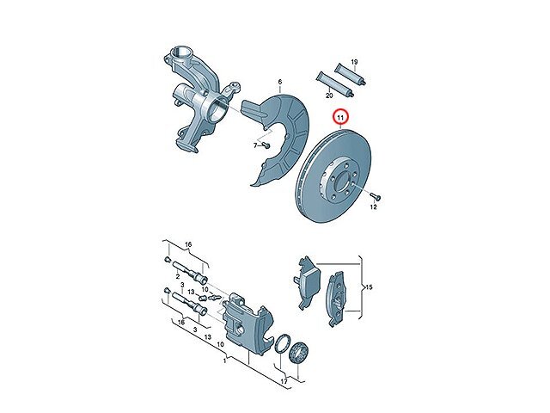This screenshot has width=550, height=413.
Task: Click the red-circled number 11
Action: click(x=340, y=118)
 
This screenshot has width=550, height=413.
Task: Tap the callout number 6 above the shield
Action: click(x=280, y=82)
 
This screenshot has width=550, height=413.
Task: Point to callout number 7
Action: click(x=256, y=145)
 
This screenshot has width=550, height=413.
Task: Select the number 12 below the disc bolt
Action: click(x=373, y=206)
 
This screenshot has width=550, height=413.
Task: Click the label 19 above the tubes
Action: click(x=354, y=62)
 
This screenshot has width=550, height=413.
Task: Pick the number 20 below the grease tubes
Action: click(x=329, y=96)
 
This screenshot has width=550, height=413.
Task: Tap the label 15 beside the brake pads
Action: click(x=369, y=287)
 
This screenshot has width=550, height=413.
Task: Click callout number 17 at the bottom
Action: click(x=284, y=381)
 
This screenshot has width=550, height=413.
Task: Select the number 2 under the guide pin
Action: click(x=178, y=277)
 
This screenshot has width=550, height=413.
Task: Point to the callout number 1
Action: click(x=225, y=361)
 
